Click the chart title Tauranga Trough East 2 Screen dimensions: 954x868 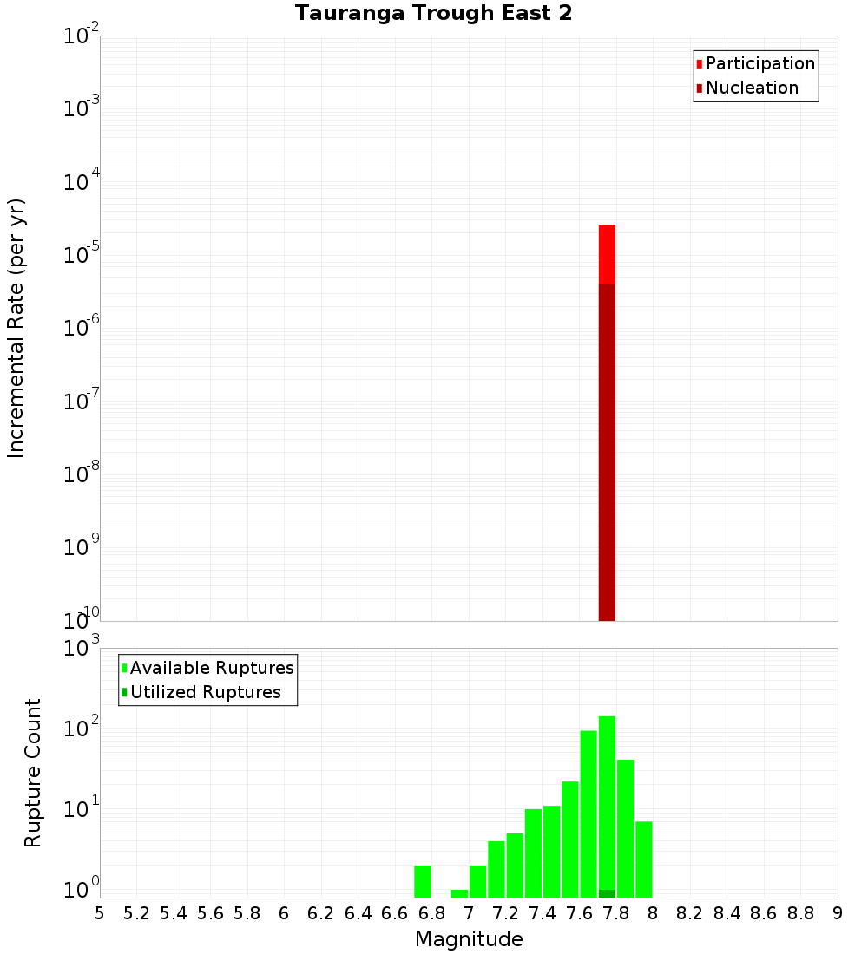click(433, 14)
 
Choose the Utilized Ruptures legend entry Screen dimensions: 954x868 click(204, 692)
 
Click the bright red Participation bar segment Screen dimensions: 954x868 click(607, 253)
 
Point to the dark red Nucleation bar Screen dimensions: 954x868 click(607, 451)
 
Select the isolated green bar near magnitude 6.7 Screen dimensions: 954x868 click(423, 881)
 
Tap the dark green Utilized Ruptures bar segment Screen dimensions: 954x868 click(607, 893)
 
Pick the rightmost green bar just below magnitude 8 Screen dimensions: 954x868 click(643, 859)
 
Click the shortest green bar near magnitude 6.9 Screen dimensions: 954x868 click(459, 893)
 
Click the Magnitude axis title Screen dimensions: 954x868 click(469, 939)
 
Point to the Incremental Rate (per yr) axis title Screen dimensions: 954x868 click(16, 328)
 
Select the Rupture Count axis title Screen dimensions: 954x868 click(33, 772)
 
